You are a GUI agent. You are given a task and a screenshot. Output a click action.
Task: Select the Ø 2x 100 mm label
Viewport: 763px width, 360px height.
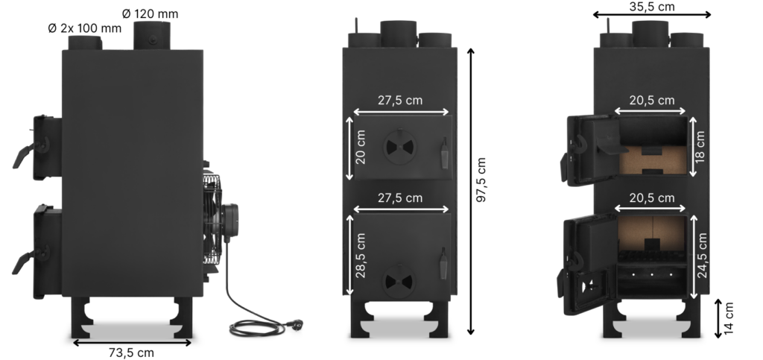click(x=84, y=28)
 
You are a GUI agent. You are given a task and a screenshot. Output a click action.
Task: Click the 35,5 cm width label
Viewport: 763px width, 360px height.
click(x=651, y=7)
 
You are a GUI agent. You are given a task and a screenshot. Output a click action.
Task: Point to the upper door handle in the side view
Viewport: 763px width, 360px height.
click(x=23, y=154)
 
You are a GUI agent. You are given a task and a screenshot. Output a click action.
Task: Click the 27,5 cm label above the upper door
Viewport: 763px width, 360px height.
click(x=402, y=101)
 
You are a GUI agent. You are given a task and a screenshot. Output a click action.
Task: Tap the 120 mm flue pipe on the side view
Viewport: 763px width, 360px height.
click(x=151, y=36)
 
